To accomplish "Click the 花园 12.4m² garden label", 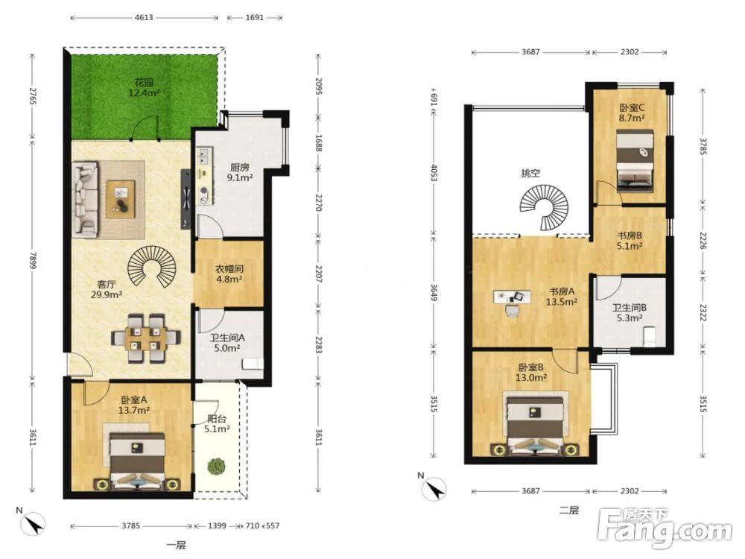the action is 144,88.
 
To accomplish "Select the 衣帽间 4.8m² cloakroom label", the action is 229,274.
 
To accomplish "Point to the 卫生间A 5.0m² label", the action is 227,343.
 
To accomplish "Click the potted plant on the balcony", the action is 217,465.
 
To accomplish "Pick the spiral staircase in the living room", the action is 153,266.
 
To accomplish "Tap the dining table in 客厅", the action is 146,338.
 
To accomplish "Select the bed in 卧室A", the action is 137,462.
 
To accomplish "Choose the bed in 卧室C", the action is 634,161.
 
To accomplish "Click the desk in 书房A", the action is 513,298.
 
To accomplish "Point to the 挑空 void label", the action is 530,173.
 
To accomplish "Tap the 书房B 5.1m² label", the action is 630,241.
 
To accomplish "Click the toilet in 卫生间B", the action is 649,335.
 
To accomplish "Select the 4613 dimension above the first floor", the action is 144,18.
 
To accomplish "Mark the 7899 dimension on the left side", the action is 32,260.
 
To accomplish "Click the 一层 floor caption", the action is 177,546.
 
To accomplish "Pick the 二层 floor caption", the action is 568,511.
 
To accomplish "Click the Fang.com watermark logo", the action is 665,528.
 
